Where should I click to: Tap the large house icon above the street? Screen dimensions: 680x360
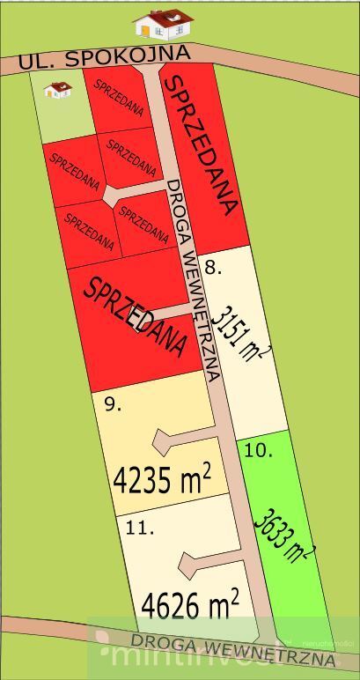(163, 24)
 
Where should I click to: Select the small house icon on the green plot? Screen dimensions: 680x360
(58, 89)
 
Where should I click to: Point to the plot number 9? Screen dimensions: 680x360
(112, 404)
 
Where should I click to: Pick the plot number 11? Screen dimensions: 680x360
(141, 528)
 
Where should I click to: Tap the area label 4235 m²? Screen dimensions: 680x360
(162, 479)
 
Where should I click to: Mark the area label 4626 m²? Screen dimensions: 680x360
(190, 606)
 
